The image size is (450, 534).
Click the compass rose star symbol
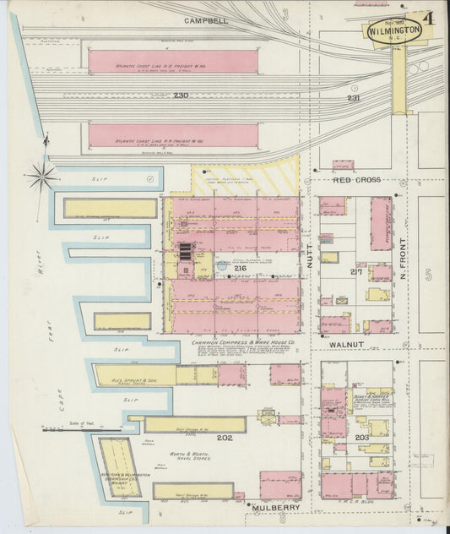(40, 177)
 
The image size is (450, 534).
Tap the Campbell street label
(207, 19)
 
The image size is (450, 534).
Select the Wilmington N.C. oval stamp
(394, 32)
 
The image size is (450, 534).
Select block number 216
(228, 268)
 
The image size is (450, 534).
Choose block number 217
(356, 272)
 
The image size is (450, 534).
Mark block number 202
(224, 438)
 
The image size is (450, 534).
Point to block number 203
(361, 438)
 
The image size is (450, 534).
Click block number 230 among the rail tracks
(181, 95)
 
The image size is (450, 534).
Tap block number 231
(353, 99)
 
